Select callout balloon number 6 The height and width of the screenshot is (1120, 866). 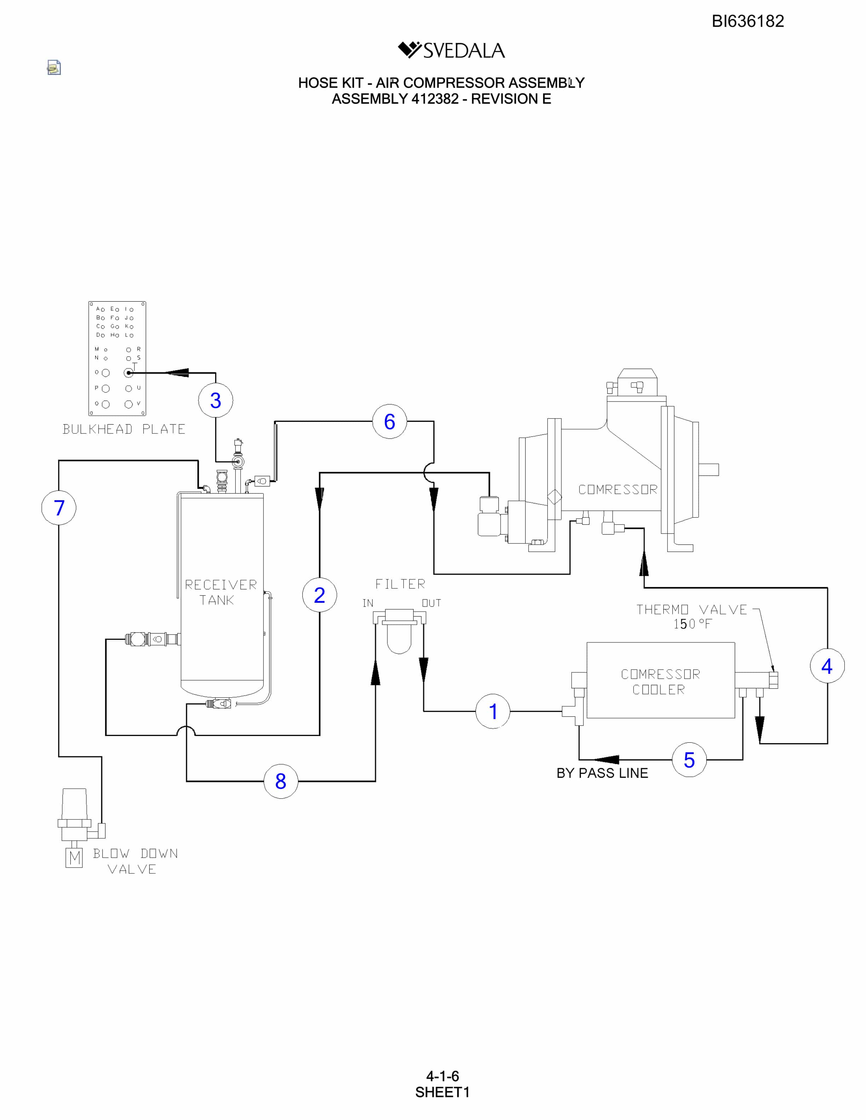point(389,421)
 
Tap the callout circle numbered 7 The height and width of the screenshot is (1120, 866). point(59,508)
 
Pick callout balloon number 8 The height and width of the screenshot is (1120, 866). point(281,781)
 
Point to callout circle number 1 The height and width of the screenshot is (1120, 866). point(493,711)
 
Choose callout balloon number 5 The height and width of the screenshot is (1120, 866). point(689,759)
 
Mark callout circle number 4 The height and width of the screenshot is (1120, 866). point(827,666)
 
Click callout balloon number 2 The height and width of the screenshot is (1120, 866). point(319,595)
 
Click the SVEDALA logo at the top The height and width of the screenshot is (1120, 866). point(451,50)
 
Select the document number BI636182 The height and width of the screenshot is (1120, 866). point(747,21)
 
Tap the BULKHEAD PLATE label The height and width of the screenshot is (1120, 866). point(124,429)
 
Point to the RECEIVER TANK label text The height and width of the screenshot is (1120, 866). point(221,592)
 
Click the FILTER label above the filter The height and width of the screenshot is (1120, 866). point(400,584)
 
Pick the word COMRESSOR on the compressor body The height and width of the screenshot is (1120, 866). point(618,490)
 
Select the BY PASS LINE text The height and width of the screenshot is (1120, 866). point(602,773)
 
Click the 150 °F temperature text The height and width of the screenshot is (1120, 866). point(693,624)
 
